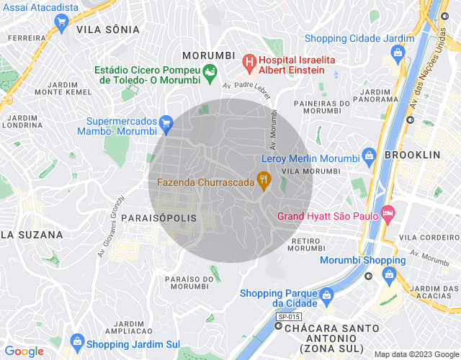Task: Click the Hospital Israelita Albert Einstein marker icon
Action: click(250, 62)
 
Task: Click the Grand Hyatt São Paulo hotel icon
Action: click(388, 213)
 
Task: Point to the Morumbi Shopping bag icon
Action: click(390, 274)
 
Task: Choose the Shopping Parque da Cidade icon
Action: click(326, 294)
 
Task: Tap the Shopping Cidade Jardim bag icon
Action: click(397, 53)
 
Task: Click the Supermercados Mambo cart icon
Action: click(166, 123)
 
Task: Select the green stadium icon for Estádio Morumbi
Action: click(210, 71)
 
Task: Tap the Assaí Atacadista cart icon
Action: click(61, 23)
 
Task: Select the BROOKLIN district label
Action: click(412, 155)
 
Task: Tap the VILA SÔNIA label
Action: click(107, 30)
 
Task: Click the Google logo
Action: click(24, 351)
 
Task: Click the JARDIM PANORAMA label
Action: click(375, 96)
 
